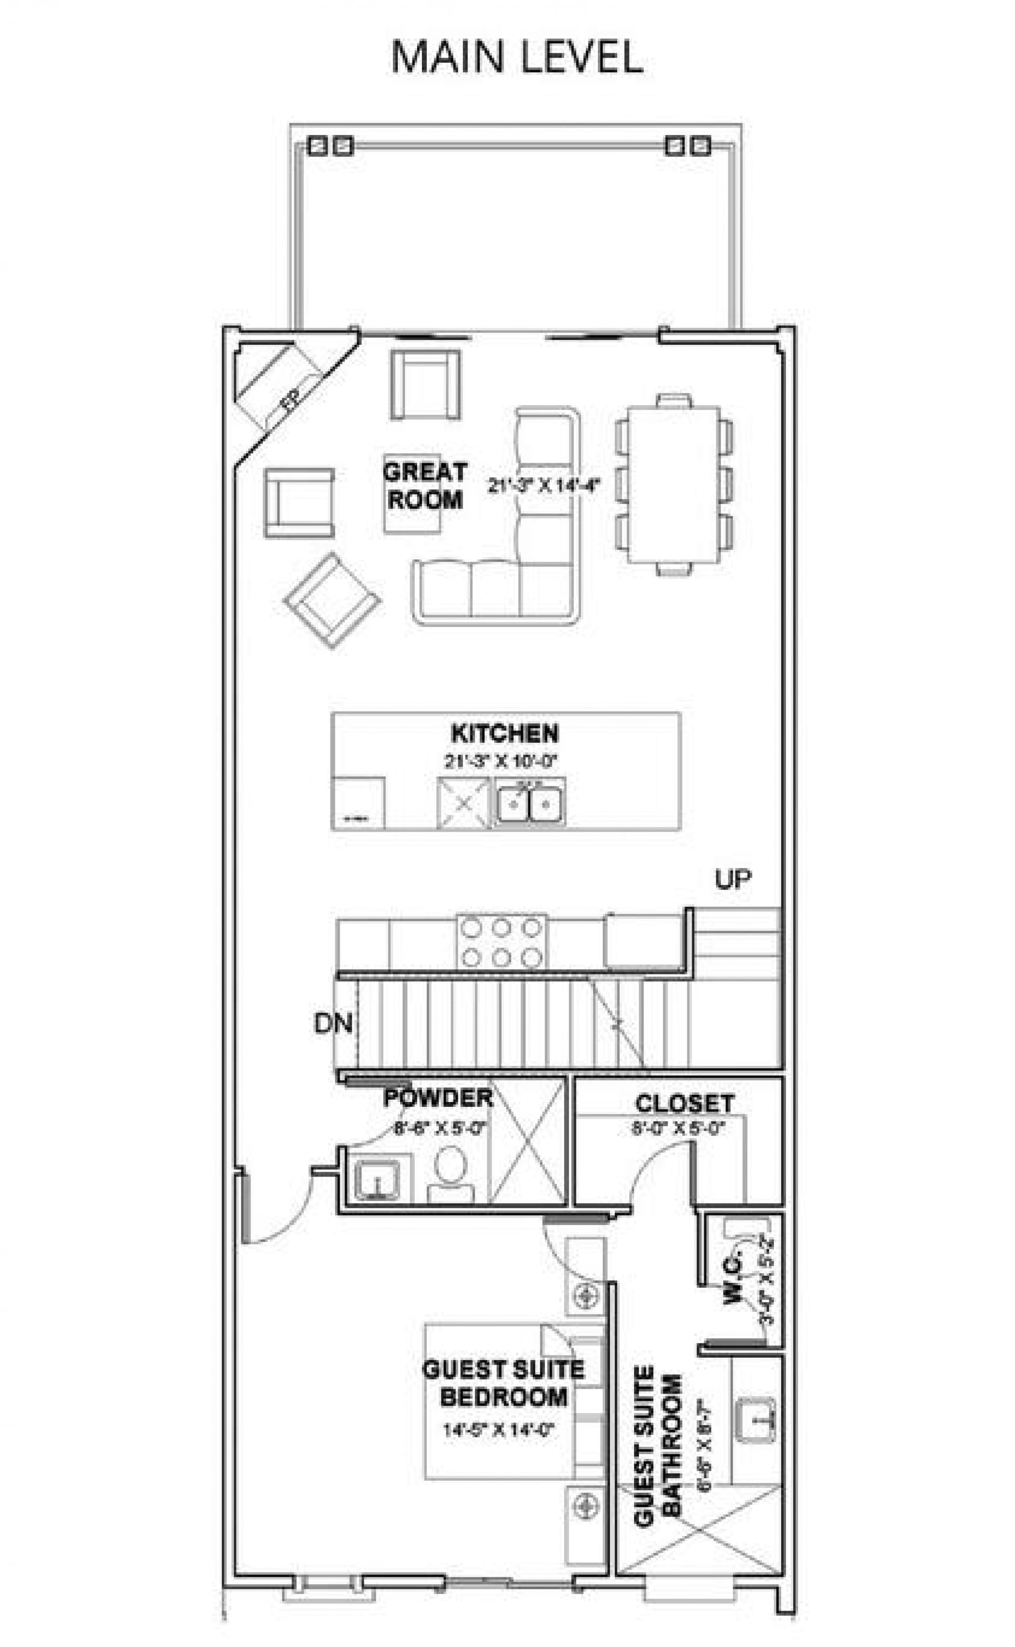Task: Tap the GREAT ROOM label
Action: click(x=425, y=486)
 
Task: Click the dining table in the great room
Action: click(x=673, y=485)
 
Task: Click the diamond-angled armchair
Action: click(x=333, y=600)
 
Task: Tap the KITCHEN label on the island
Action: click(x=504, y=733)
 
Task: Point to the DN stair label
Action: click(x=333, y=1023)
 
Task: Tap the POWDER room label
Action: click(x=438, y=1099)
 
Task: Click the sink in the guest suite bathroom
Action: click(x=755, y=1420)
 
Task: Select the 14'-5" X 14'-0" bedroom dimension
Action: click(x=497, y=1430)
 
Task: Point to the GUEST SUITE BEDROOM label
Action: click(x=503, y=1383)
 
